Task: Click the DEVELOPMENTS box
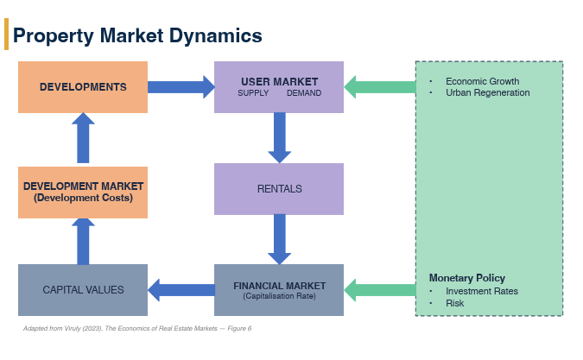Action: [83, 87]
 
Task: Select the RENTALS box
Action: [279, 189]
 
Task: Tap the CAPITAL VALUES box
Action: [83, 290]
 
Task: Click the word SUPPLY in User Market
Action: [253, 93]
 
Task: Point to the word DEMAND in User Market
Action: [304, 93]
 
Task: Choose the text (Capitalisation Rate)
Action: [279, 296]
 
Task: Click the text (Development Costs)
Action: [83, 198]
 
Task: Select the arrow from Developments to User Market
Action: [181, 87]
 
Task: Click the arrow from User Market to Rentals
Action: [280, 138]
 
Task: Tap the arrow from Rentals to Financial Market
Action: [280, 239]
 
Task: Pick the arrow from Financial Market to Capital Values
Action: [181, 290]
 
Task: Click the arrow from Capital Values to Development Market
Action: [83, 242]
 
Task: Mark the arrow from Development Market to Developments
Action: [83, 138]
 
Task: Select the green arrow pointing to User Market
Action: [380, 87]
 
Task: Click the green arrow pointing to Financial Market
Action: [380, 290]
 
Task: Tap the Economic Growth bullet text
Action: [482, 81]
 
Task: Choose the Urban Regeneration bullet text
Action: [487, 92]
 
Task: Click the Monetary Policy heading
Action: [467, 278]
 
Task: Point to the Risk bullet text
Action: [454, 303]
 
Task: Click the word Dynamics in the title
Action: [216, 36]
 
